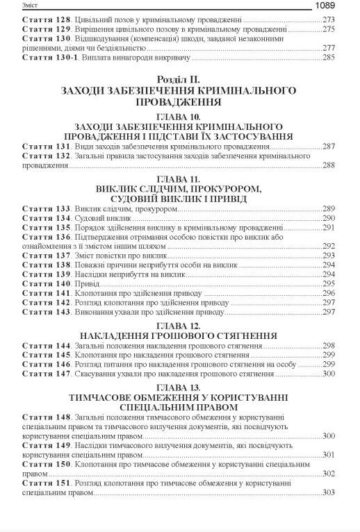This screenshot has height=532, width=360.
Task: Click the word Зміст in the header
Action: point(14,6)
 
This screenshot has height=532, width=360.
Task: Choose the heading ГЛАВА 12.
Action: point(179,325)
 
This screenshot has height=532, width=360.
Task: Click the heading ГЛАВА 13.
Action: point(179,386)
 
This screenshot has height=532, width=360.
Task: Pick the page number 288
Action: point(329,165)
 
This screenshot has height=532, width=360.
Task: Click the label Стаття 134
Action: point(47,218)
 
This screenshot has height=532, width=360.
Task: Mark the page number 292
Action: point(329,246)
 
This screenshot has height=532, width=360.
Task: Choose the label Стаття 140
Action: point(47,283)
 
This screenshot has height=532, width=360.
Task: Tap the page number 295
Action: point(329,283)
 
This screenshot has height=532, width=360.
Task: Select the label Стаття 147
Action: point(47,374)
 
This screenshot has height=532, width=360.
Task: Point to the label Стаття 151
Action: point(47,482)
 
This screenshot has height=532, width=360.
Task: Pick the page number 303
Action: point(329,492)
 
